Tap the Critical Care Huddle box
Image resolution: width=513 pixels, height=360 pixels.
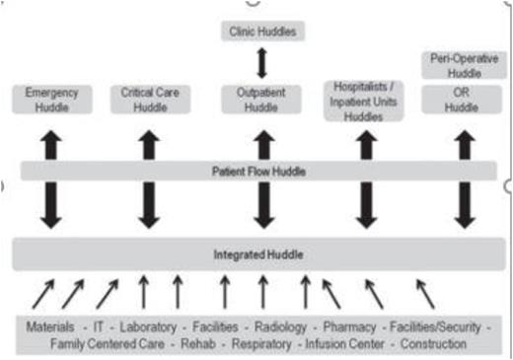pyautogui.click(x=149, y=99)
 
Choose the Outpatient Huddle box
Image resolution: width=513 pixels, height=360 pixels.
pyautogui.click(x=261, y=99)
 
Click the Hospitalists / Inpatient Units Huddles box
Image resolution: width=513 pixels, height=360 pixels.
pyautogui.click(x=365, y=101)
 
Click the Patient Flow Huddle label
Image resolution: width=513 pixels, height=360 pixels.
pyautogui.click(x=259, y=171)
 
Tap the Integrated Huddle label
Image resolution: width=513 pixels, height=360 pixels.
pyautogui.click(x=258, y=254)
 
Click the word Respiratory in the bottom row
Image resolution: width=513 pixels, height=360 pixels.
pyautogui.click(x=261, y=344)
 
